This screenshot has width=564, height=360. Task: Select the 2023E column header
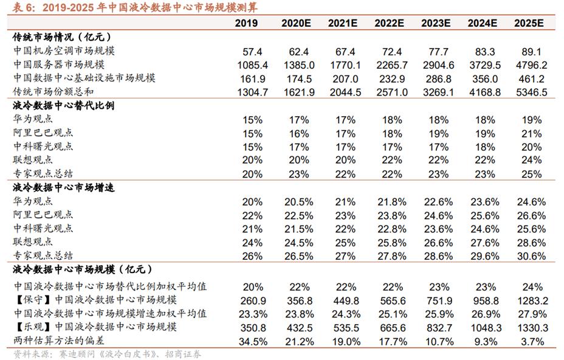tap(436, 23)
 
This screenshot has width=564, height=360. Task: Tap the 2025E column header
tap(529, 23)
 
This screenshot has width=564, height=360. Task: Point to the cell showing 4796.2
tap(529, 64)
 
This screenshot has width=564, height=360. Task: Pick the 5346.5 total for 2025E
tap(529, 92)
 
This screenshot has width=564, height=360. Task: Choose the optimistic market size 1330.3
tap(529, 328)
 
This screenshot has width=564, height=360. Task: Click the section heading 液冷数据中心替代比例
tap(63, 105)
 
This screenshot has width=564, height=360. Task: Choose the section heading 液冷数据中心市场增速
tap(63, 187)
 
